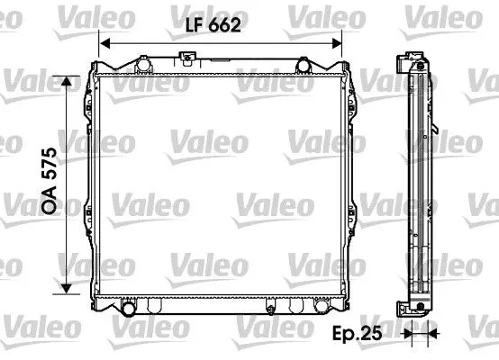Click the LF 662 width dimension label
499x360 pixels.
(x=213, y=25)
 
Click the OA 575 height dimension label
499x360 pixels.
(x=50, y=180)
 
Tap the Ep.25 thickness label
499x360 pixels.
(x=357, y=334)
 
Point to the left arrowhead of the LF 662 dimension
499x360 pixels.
(x=104, y=43)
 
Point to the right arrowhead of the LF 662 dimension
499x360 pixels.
(x=337, y=43)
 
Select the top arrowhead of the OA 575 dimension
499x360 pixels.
(x=66, y=81)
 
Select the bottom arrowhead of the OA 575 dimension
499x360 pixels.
(x=66, y=288)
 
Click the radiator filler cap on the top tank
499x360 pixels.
(x=187, y=58)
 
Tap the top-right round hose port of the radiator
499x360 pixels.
(x=303, y=66)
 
